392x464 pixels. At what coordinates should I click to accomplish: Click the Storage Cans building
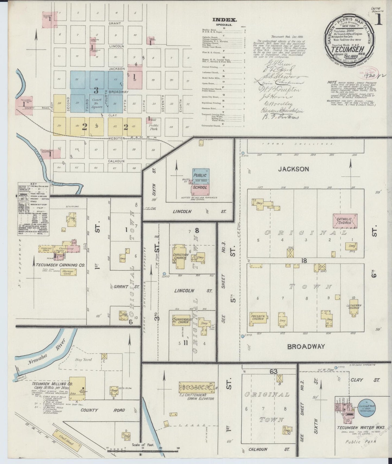[68, 272]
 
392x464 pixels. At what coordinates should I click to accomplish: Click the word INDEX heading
[225, 20]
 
